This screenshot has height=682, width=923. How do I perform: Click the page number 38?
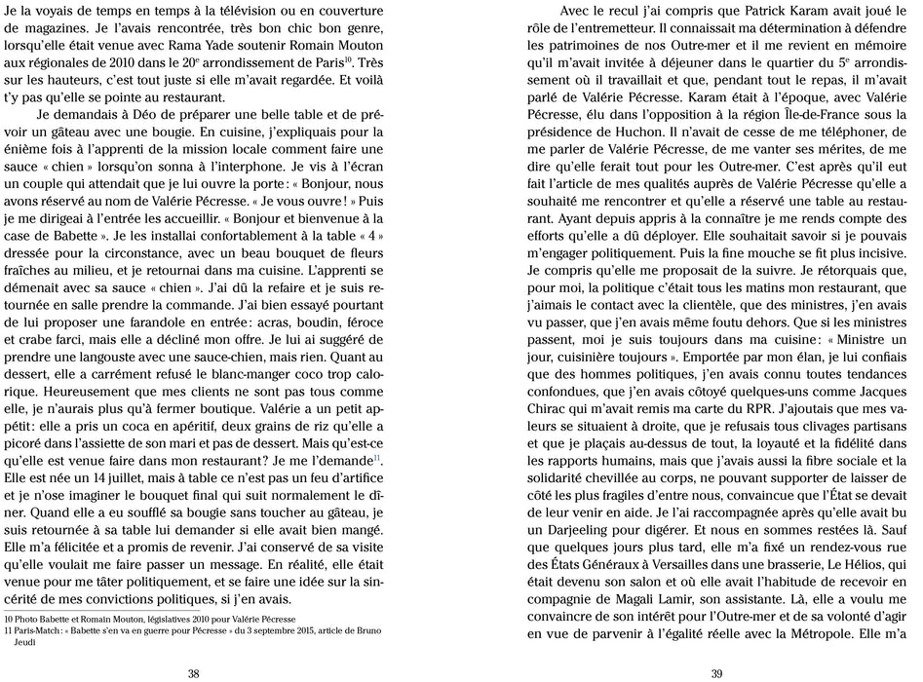coord(193,672)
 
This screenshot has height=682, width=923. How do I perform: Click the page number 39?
coord(716,672)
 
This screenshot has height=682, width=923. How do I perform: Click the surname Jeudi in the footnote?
coord(22,643)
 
